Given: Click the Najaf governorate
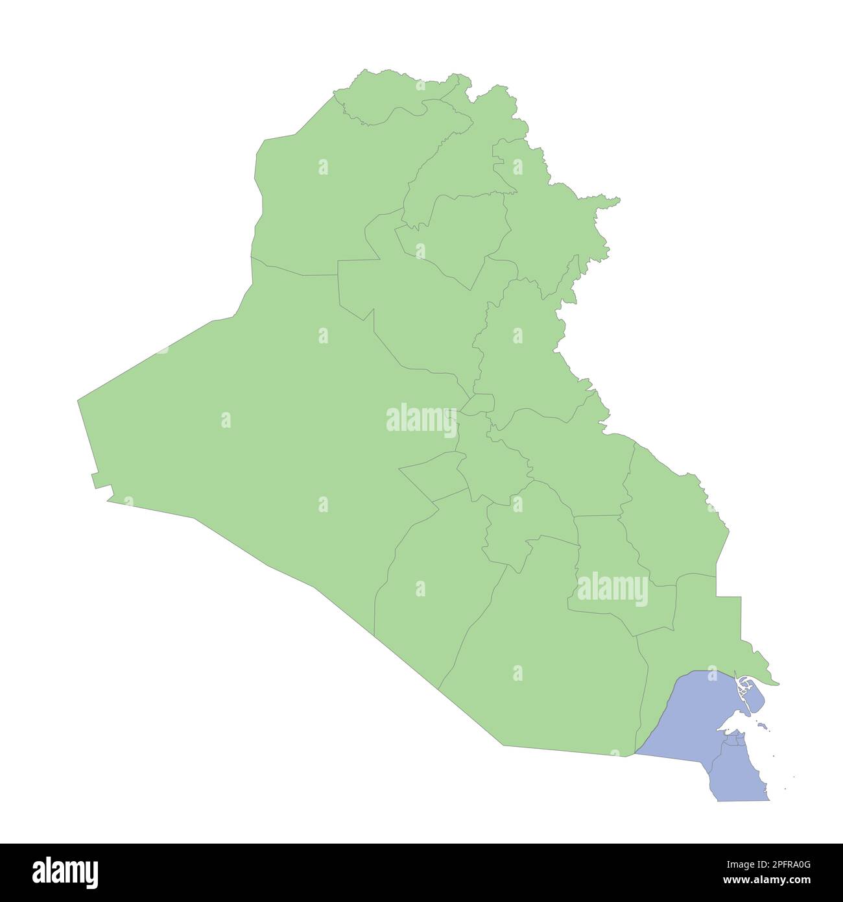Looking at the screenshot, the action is [x=428, y=597].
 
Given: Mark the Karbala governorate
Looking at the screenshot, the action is [x=431, y=477].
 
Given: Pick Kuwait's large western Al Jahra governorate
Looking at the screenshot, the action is [x=681, y=720].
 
